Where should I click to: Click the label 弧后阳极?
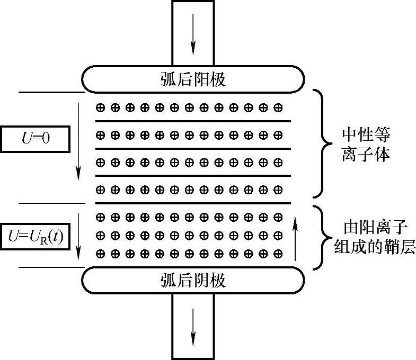tap(193, 79)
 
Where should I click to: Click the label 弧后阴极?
tap(193, 280)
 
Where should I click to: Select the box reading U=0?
tap(34, 139)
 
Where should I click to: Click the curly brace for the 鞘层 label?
tap(321, 237)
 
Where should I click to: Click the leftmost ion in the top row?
tap(100, 107)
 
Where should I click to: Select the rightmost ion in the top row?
tap(278, 107)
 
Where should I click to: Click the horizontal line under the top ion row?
tap(193, 121)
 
